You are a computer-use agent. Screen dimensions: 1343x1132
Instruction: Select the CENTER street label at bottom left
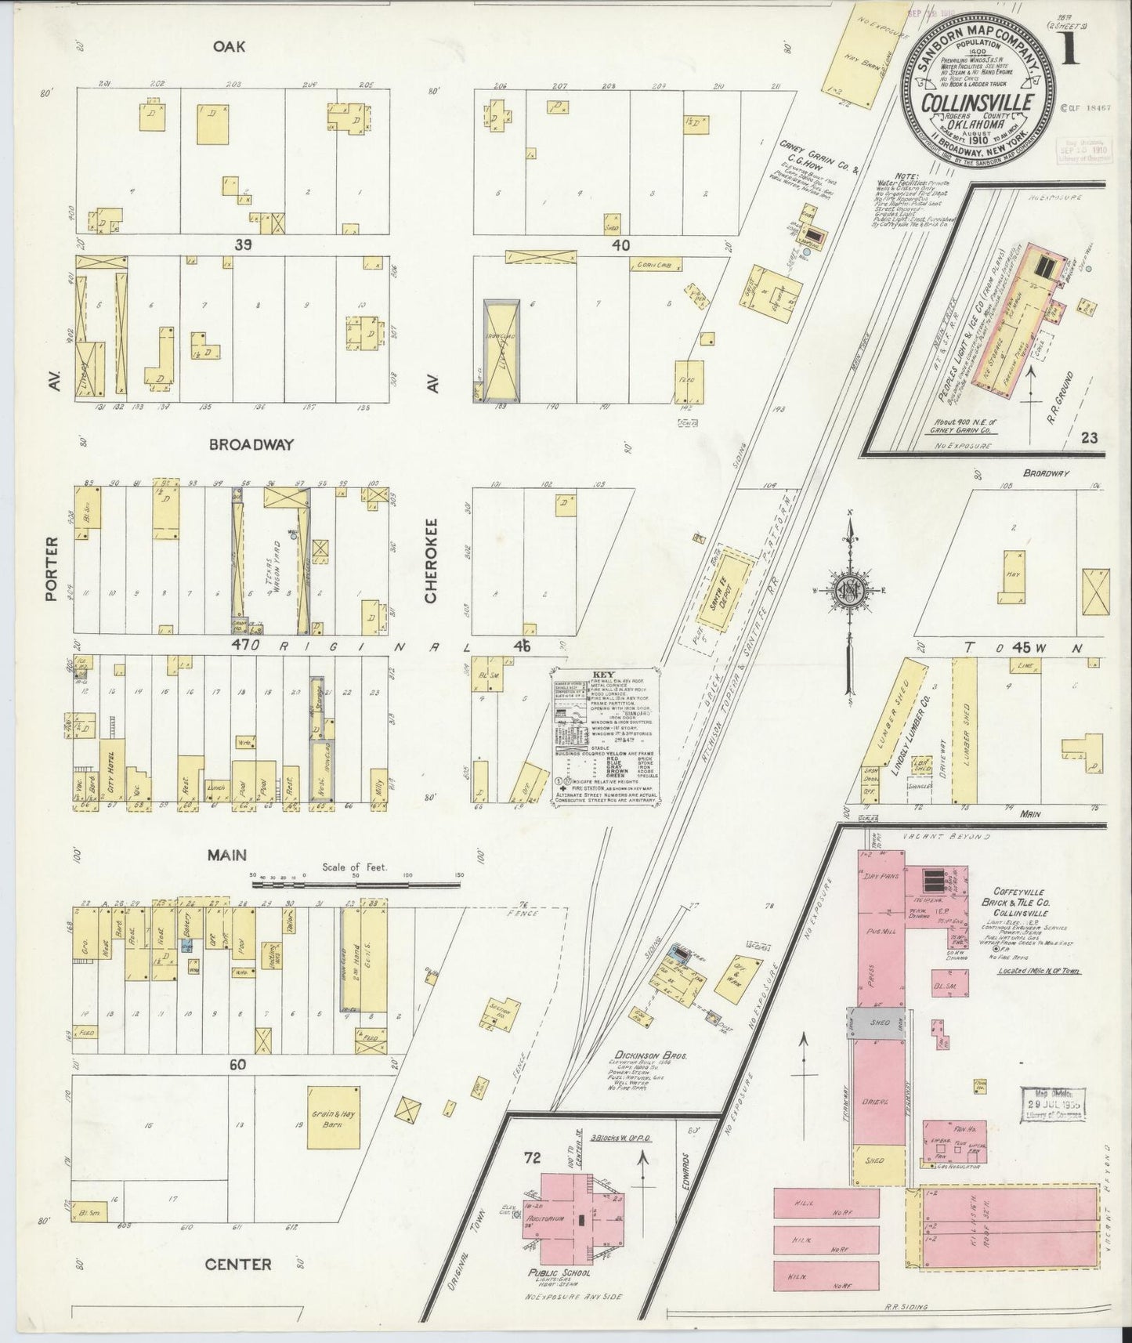(x=238, y=1264)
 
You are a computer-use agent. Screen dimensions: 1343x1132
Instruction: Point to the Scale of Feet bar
(x=356, y=884)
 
